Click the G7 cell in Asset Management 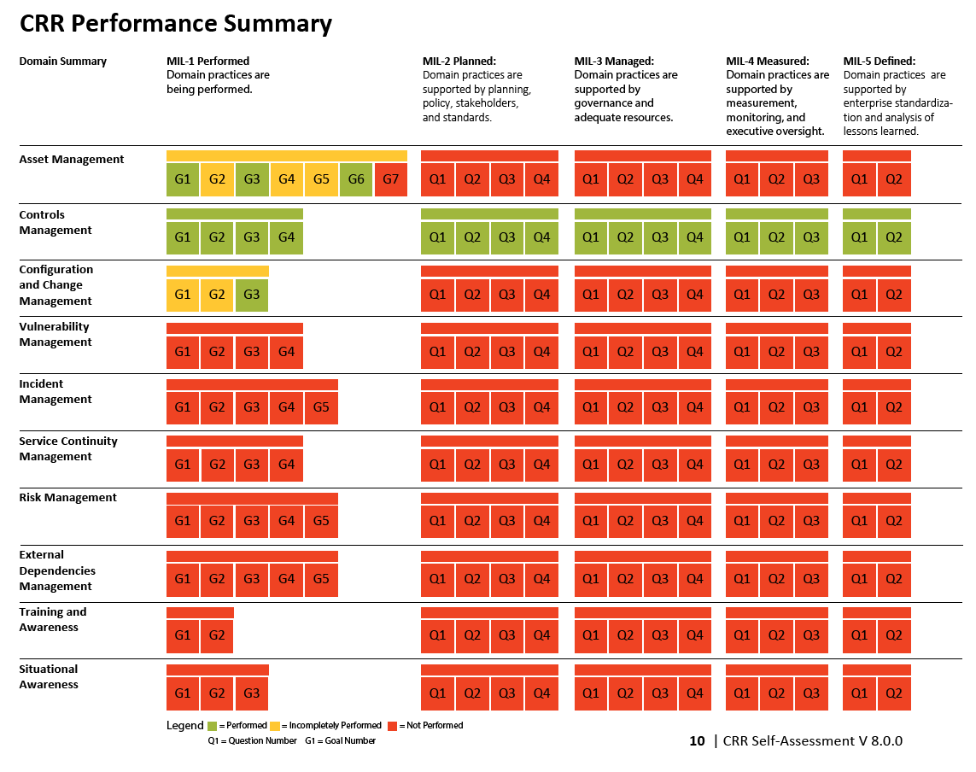(390, 179)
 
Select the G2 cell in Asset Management (217, 179)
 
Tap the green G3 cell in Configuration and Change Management (252, 295)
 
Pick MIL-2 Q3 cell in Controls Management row (507, 237)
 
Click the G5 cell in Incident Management (321, 407)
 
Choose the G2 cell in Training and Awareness (217, 635)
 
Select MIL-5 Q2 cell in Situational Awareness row (894, 693)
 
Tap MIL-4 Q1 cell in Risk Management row (742, 521)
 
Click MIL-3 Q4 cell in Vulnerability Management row (695, 351)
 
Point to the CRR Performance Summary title (175, 24)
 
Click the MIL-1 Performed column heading (208, 61)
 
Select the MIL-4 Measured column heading (768, 61)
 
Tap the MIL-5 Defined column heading (880, 61)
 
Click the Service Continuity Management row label (68, 448)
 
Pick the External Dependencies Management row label (57, 570)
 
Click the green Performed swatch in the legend (213, 726)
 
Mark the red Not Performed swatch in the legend (393, 726)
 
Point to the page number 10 (697, 741)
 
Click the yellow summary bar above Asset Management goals (286, 155)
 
